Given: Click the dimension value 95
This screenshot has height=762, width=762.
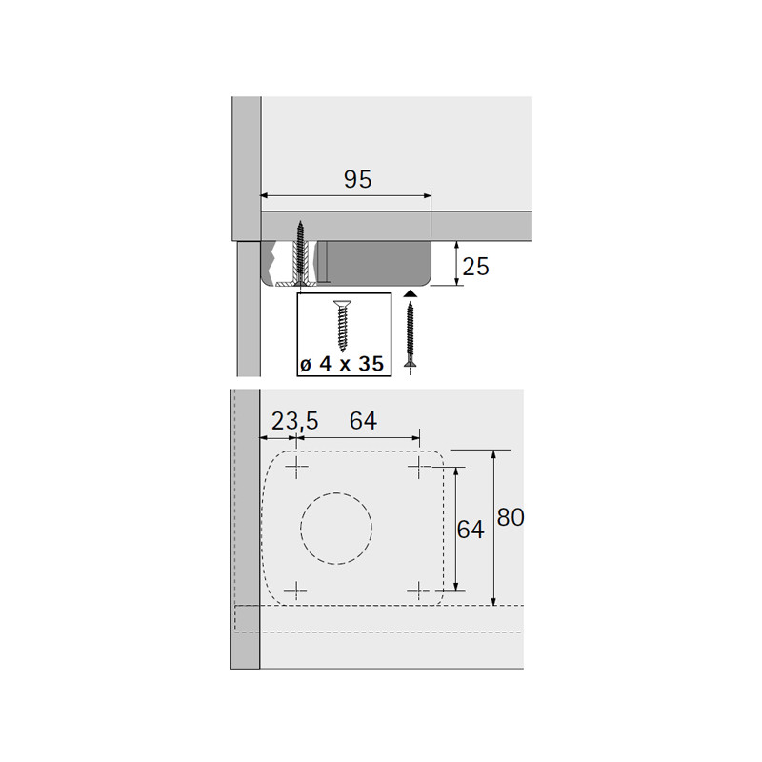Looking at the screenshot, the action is click(358, 179).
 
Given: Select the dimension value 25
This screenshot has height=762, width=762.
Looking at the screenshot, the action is click(475, 267).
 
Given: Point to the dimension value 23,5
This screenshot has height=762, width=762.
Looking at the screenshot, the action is click(294, 421).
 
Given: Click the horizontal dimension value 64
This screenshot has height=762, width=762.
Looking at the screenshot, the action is click(363, 421).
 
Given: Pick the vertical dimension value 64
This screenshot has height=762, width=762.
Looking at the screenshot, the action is click(471, 530).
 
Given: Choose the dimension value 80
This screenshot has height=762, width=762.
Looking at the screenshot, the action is click(511, 517).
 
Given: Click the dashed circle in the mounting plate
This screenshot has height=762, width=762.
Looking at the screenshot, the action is click(336, 492).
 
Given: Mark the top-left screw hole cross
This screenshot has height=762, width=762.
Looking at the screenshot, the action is click(296, 468).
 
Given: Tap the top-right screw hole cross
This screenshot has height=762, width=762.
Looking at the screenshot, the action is click(419, 468).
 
